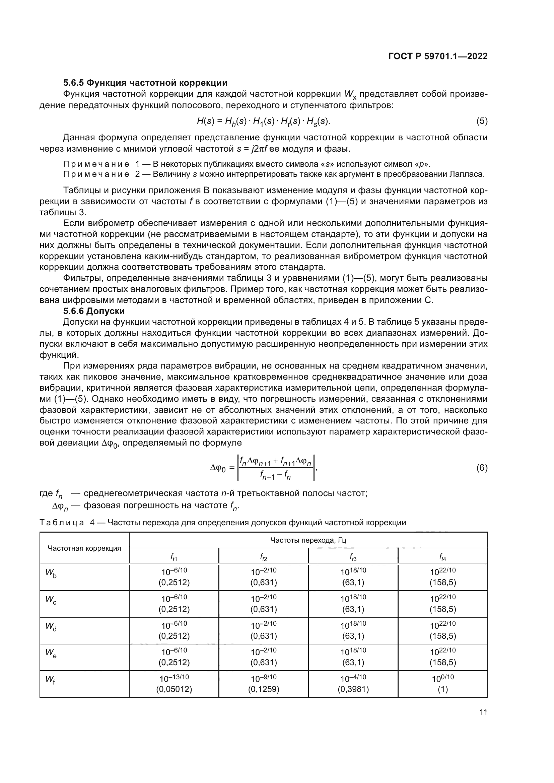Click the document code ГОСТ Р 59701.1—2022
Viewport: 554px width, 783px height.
438,57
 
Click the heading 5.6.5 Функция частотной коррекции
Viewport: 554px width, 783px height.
145,83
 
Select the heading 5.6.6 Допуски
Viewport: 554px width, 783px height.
94,311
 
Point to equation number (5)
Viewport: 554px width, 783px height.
482,121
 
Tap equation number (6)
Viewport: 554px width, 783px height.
482,468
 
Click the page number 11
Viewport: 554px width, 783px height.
483,712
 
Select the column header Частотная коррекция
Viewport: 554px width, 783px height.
84,548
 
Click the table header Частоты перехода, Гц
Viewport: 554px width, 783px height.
308,540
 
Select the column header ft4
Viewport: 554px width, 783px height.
442,557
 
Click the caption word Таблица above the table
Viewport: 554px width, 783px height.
62,523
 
